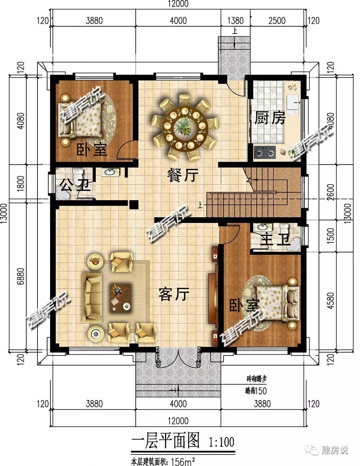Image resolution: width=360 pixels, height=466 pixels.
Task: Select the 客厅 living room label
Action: pos(174,294)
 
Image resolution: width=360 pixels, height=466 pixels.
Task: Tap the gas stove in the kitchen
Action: pos(265,152)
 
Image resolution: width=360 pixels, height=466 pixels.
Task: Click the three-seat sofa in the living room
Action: pos(93,298)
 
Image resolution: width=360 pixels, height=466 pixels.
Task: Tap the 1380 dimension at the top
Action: pos(235,21)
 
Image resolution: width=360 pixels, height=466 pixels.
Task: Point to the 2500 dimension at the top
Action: pos(277,21)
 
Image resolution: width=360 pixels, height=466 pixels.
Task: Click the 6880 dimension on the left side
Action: pos(21,276)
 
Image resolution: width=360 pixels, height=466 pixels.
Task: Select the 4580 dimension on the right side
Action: pos(331,301)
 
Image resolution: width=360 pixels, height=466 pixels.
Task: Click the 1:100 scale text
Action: pos(221,442)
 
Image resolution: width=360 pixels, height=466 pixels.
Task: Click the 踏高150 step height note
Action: pos(256,391)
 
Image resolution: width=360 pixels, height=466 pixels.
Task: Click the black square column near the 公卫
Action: pos(134,205)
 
